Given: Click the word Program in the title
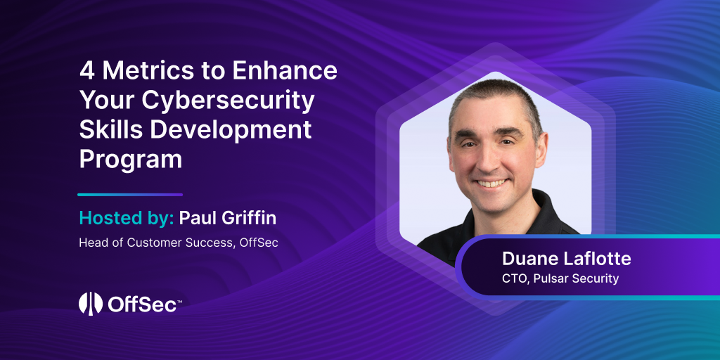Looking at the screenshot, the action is (131, 160).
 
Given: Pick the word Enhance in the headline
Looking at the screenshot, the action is (285, 71).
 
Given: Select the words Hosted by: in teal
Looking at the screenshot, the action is (127, 218).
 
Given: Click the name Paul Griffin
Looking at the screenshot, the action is (228, 218).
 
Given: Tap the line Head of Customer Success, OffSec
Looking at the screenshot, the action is (179, 243).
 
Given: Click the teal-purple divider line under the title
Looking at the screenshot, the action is (130, 195).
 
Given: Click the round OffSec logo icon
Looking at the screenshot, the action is (91, 303).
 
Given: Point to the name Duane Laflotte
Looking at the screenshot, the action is (566, 259).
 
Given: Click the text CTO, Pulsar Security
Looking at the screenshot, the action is (560, 278).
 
